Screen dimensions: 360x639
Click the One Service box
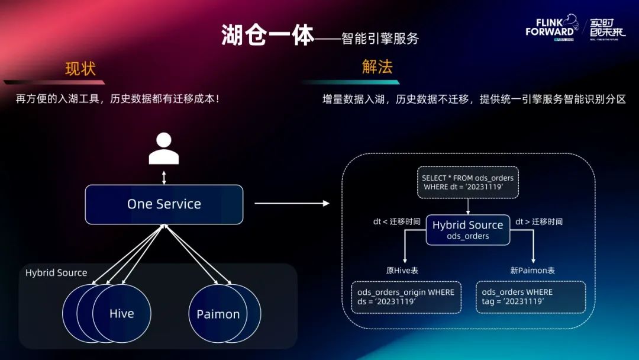click(x=164, y=204)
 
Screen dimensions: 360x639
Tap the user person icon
click(x=164, y=149)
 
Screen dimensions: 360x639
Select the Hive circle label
click(x=122, y=314)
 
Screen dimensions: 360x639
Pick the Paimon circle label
click(x=218, y=314)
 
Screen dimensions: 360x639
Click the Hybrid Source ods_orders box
click(x=467, y=230)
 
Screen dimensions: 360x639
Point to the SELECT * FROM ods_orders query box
click(x=467, y=182)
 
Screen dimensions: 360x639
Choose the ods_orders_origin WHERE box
click(x=406, y=297)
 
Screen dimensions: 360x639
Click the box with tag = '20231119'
click(x=530, y=297)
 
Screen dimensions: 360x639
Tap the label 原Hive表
click(x=402, y=271)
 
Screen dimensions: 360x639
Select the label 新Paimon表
click(x=532, y=271)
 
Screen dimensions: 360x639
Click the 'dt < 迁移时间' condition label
click(x=396, y=222)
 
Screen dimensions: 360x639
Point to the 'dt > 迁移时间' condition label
click(x=538, y=222)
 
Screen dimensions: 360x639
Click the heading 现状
click(x=80, y=69)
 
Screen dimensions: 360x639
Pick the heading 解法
click(x=377, y=66)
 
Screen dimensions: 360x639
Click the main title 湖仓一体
click(x=267, y=36)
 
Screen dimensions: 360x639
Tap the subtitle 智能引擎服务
click(x=380, y=38)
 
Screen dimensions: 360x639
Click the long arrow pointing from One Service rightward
click(x=291, y=204)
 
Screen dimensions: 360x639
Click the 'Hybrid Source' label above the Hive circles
click(x=56, y=273)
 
